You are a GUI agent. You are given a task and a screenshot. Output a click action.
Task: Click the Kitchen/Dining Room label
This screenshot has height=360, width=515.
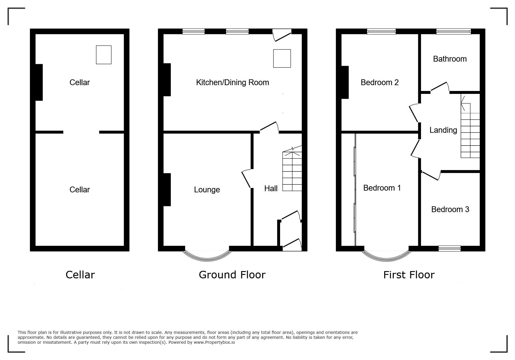pos(232,83)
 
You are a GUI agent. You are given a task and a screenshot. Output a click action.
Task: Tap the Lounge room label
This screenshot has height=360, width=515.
pos(207,190)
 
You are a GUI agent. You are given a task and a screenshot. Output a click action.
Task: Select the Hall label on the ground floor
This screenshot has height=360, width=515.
pos(271,189)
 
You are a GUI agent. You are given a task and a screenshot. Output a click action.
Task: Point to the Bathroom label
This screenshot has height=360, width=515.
pos(450,59)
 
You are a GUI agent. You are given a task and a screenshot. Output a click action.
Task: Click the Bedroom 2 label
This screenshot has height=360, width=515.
pos(379,83)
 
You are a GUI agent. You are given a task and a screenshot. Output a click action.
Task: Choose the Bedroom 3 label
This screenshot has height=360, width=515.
pos(450,209)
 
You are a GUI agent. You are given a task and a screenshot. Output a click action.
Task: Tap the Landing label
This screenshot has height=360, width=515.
pos(443,130)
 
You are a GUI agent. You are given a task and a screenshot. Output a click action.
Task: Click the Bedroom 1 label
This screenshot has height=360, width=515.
pos(382,188)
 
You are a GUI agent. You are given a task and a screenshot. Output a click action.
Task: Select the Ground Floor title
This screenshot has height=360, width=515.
pos(232,275)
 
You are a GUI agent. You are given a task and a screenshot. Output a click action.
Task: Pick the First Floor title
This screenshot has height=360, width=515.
pos(409,275)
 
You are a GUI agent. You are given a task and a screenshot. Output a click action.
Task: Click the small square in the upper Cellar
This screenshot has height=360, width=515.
pos(104,55)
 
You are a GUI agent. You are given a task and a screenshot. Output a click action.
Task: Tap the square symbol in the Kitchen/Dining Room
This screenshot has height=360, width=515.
pos(282,58)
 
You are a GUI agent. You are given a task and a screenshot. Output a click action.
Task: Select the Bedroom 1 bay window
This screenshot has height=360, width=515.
pos(386,257)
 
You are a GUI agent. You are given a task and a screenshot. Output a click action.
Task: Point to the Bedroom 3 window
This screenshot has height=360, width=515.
pos(450,248)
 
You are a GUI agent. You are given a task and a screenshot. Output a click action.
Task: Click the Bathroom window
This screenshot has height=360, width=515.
pos(454,31)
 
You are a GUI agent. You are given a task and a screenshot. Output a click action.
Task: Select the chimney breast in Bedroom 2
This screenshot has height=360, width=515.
pos(345,83)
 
